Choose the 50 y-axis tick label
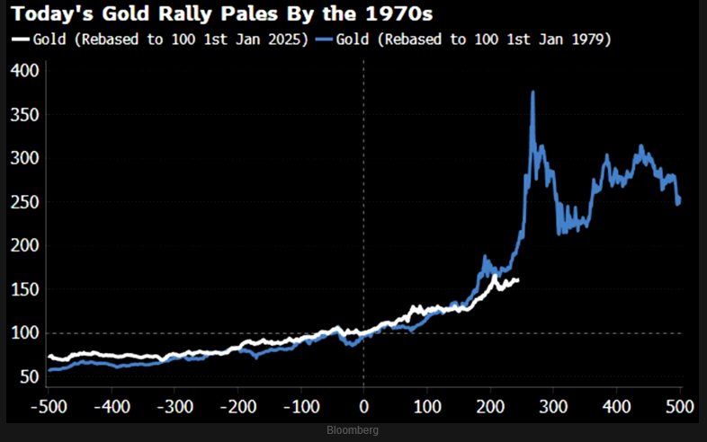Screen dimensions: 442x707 [x=28, y=377]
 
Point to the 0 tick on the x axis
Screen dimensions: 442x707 [x=363, y=405]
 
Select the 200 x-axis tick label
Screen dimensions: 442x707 [x=490, y=405]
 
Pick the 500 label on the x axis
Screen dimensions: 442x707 [x=679, y=405]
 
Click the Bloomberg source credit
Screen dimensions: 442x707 [x=353, y=431]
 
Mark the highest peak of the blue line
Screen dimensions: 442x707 [x=533, y=92]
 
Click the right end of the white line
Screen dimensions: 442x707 [x=518, y=279]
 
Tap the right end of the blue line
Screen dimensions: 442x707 [x=679, y=199]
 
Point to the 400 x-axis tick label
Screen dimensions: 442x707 [x=617, y=405]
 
